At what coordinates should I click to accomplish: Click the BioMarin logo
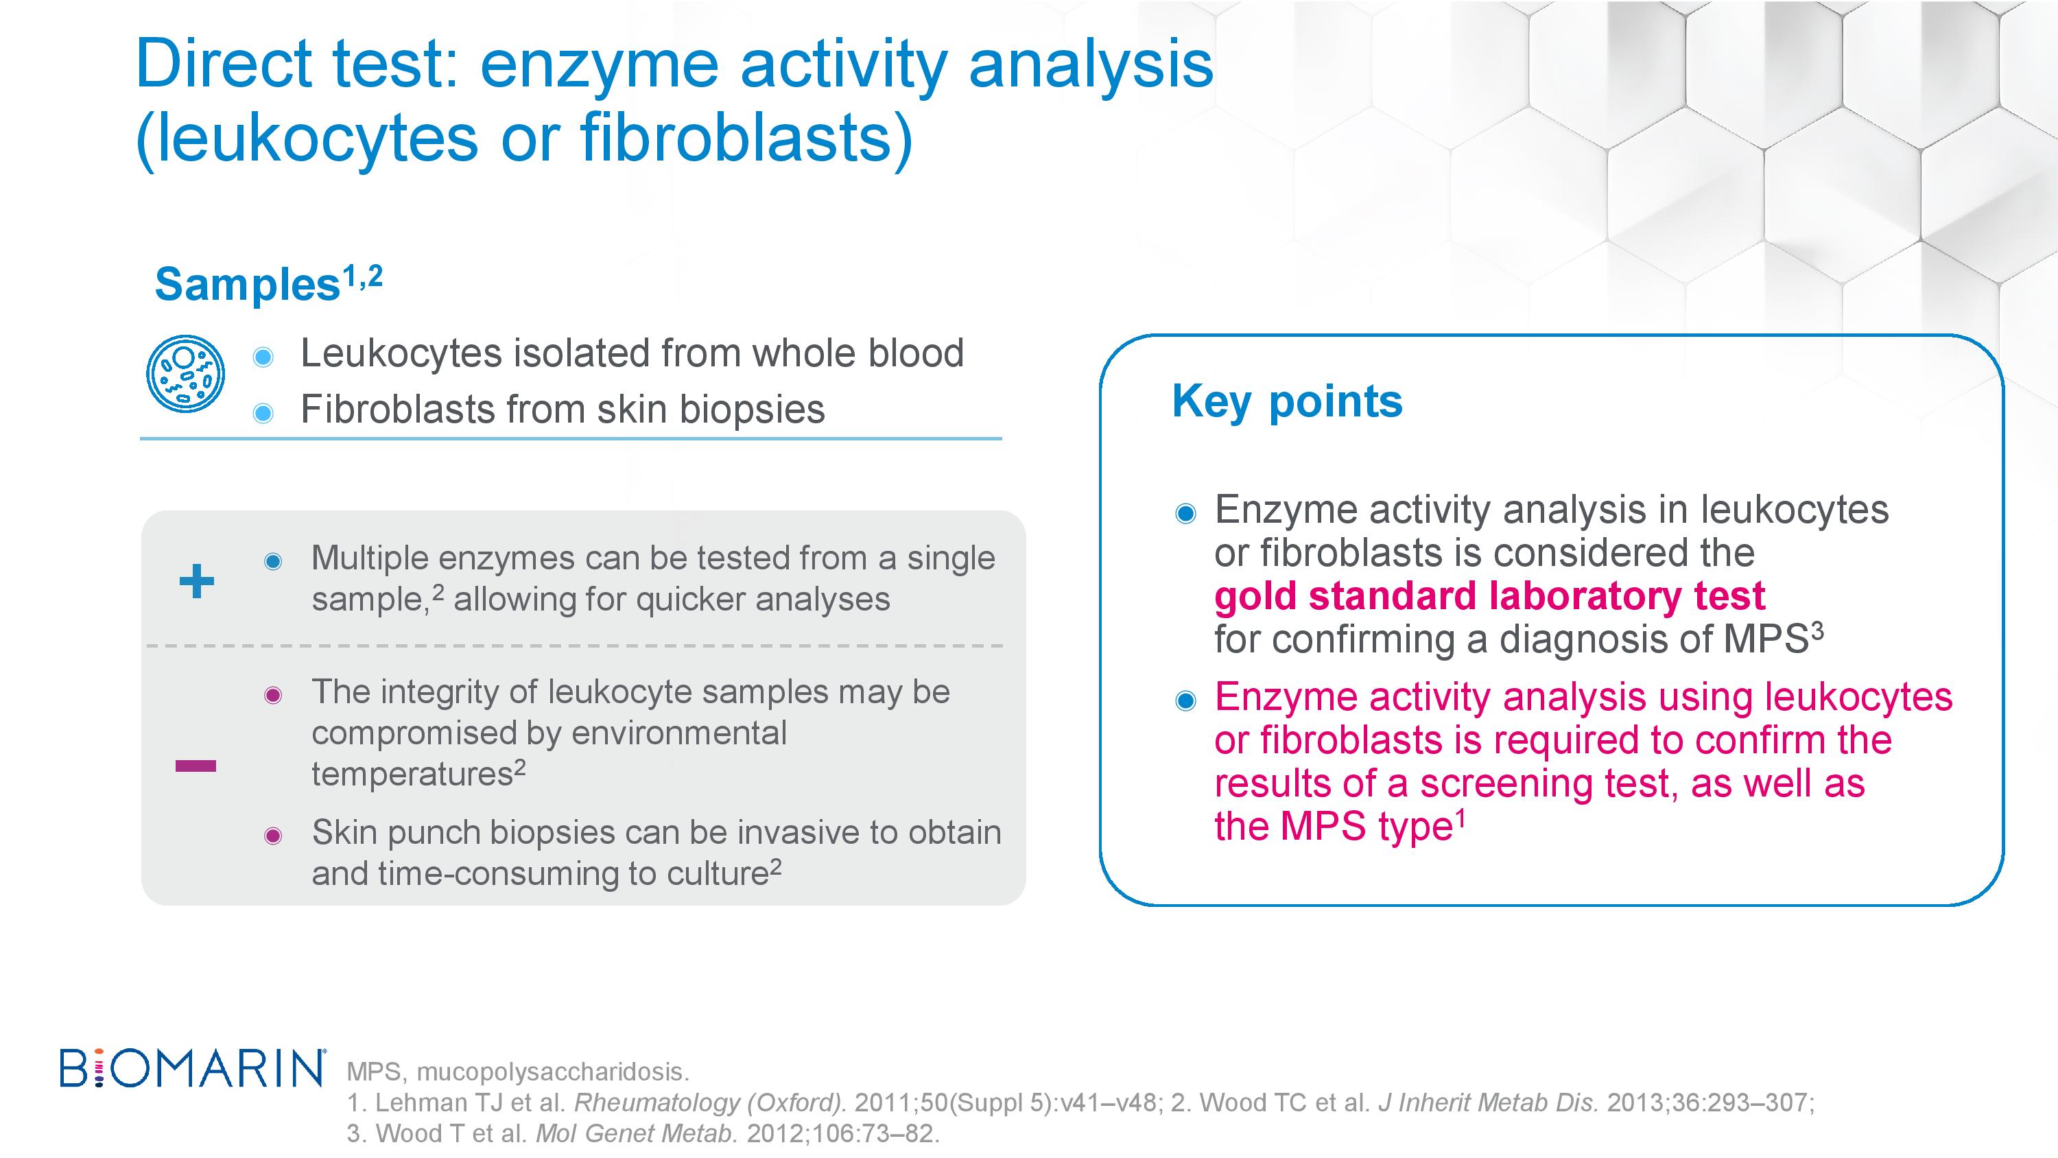point(193,1067)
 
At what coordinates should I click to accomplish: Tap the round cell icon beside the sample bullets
point(185,373)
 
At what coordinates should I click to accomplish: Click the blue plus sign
point(196,581)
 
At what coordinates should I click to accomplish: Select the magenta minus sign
point(196,766)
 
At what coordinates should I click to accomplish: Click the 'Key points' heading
point(1287,402)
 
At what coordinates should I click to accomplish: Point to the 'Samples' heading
point(248,285)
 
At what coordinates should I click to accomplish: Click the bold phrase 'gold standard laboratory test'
point(1489,596)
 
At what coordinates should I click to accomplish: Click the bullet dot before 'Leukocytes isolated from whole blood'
point(263,357)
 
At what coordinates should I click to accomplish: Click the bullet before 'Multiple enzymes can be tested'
point(273,561)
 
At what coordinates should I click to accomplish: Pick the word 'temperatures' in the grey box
point(412,775)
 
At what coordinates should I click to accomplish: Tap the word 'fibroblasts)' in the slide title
point(747,139)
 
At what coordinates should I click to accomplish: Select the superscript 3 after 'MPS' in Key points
point(1817,632)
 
